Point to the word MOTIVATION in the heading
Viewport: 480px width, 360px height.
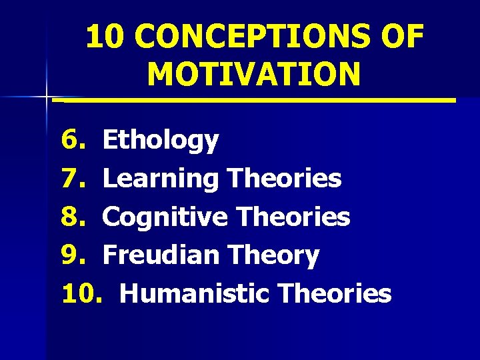click(x=254, y=74)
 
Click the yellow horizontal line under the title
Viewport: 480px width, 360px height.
click(x=254, y=101)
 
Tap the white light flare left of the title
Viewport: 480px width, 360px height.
click(x=47, y=97)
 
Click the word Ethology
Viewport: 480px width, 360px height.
click(x=161, y=141)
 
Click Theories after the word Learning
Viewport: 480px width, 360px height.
click(x=284, y=179)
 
